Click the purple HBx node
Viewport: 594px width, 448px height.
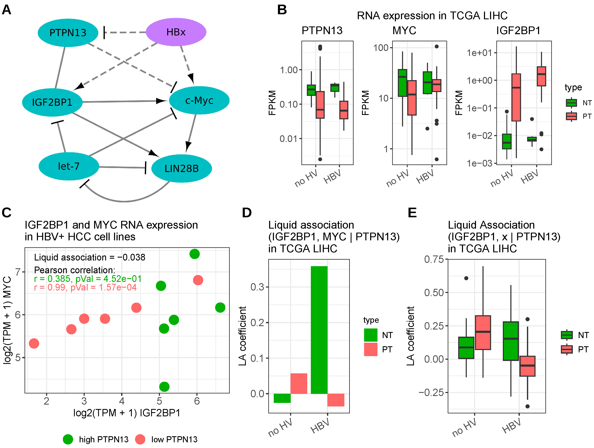[176, 32]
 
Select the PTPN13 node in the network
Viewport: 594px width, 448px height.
[68, 33]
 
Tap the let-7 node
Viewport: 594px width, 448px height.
[69, 166]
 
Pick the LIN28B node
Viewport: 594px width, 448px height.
[182, 168]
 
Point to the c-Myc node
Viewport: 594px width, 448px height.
[199, 100]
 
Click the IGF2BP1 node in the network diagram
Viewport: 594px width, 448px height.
[52, 102]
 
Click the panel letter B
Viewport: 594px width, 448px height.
[282, 10]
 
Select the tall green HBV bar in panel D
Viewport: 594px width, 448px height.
[319, 330]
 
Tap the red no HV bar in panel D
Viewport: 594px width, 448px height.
[299, 383]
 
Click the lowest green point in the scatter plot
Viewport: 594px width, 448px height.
[164, 387]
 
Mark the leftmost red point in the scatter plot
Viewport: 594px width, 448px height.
[34, 343]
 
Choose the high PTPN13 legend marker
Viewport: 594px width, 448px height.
[68, 439]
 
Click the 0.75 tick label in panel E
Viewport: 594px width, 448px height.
[434, 259]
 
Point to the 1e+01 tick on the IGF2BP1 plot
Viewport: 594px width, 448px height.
[479, 53]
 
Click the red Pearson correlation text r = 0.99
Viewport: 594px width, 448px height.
[85, 287]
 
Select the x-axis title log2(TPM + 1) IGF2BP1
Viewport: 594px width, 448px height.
[127, 413]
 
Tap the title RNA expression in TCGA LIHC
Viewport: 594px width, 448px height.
[432, 16]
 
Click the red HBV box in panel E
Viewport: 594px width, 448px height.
[527, 366]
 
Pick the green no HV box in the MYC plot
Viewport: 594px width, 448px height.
[402, 83]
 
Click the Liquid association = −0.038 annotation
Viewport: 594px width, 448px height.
[89, 257]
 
